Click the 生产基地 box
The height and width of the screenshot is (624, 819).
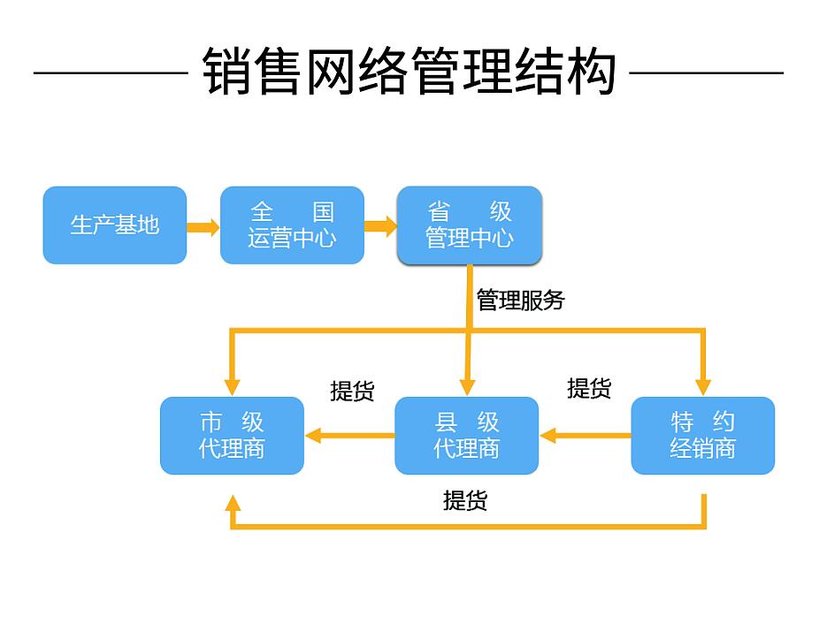[115, 225]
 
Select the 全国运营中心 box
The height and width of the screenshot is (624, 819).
[292, 225]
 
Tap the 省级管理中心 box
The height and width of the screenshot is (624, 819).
[470, 225]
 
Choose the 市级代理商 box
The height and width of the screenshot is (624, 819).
[232, 436]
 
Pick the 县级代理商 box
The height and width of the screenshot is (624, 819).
[466, 436]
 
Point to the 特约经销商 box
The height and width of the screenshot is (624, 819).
[703, 436]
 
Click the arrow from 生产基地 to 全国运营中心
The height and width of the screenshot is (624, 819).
[203, 227]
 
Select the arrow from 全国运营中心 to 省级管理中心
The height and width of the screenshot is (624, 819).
[381, 226]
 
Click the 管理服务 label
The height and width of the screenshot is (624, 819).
[520, 301]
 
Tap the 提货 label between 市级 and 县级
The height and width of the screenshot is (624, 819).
[353, 391]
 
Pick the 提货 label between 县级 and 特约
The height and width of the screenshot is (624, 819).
[589, 389]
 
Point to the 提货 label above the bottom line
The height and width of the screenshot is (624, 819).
[465, 500]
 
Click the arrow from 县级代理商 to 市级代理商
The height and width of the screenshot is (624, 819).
[349, 435]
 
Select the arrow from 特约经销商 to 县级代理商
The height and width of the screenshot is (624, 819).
[585, 435]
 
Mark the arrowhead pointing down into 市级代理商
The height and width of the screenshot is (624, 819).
[232, 387]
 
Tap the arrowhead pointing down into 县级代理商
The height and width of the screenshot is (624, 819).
[468, 387]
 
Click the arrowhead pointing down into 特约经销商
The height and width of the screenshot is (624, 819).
[703, 387]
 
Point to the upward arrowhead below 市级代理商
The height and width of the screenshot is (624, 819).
[233, 503]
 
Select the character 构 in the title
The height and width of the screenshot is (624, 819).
[591, 72]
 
